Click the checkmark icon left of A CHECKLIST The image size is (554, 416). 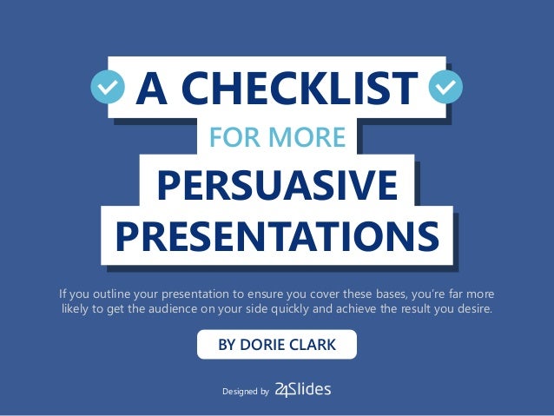click(x=109, y=88)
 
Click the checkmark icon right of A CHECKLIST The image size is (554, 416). click(x=445, y=88)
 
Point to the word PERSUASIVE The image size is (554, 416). click(x=277, y=185)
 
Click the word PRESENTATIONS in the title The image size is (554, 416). click(x=277, y=234)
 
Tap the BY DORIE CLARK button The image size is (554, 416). click(x=276, y=345)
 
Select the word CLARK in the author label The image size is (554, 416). click(x=313, y=345)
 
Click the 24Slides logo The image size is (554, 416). click(x=302, y=390)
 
